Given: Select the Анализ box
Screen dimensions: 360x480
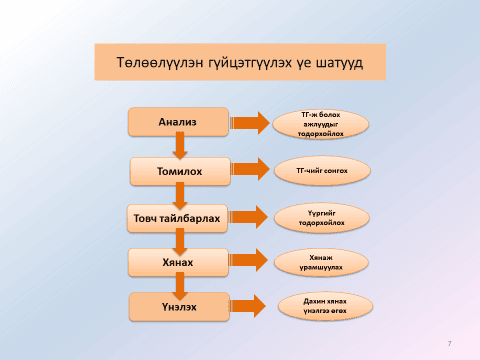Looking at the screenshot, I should (x=178, y=122).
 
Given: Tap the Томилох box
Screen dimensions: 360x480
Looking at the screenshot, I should (x=180, y=171).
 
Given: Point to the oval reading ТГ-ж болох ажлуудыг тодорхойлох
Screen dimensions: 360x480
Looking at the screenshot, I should (x=322, y=122).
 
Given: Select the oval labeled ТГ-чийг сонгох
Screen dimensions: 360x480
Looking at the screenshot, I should (x=322, y=171).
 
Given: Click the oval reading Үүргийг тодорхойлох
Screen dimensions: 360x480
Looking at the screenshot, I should (x=322, y=217).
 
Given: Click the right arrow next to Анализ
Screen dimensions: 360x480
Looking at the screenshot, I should (x=249, y=122).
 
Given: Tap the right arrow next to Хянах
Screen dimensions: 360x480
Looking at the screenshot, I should (x=250, y=262).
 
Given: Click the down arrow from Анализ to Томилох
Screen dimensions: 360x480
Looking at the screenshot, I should (x=181, y=146).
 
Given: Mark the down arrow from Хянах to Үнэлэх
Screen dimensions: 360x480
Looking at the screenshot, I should (x=181, y=285).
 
